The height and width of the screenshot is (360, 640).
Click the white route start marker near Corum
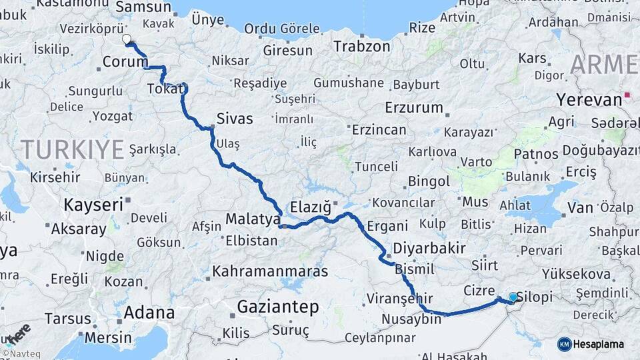[127, 39]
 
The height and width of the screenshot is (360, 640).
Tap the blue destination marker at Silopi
[513, 297]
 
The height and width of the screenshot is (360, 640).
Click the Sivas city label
[235, 119]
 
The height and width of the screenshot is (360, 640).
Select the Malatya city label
[253, 219]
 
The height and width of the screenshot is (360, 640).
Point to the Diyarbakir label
[429, 248]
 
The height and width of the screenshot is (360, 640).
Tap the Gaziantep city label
[278, 307]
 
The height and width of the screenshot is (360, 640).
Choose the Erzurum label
[413, 107]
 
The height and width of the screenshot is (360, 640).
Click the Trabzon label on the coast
[361, 47]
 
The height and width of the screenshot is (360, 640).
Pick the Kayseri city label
[93, 204]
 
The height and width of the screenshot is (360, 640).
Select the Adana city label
[149, 312]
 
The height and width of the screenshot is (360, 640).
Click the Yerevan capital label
[589, 100]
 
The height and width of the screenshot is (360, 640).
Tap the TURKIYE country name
[72, 149]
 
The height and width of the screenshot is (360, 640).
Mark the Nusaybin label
[411, 319]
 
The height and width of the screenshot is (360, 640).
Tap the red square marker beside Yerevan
[628, 96]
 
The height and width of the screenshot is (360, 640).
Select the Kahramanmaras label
[270, 272]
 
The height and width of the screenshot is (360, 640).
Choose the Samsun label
[143, 7]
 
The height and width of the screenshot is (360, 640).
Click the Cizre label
[479, 291]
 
